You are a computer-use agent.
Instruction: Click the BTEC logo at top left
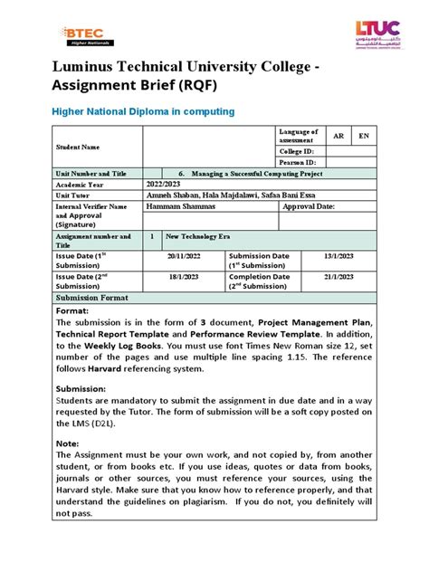tap(86, 36)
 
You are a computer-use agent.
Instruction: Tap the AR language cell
tap(338, 135)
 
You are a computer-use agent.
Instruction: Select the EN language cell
tap(364, 135)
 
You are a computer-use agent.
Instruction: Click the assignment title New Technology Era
tap(200, 235)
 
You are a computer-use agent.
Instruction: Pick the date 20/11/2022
tap(184, 256)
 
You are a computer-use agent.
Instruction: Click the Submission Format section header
tap(92, 297)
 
